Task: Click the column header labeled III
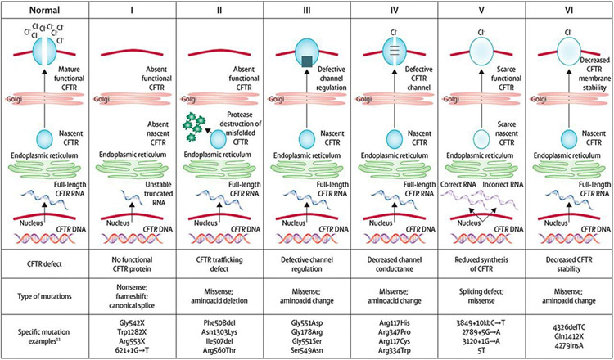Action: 307,11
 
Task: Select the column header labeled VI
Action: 570,11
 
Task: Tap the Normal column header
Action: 45,11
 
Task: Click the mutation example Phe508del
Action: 219,323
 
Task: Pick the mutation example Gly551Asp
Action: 307,323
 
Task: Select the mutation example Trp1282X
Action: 132,331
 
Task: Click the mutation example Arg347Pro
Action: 395,331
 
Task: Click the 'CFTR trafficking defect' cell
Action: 219,263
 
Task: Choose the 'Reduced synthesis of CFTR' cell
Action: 482,263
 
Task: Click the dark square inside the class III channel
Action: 307,62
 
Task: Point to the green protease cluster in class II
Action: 195,126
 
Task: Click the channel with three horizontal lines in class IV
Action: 395,52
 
